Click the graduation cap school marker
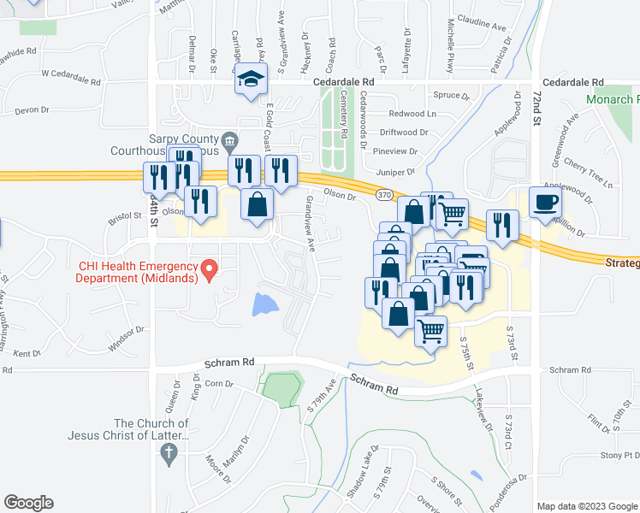pos(251,80)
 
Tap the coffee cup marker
pos(545,203)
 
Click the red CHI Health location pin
pos(208,271)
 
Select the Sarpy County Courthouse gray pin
pos(228,140)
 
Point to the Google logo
pos(28,503)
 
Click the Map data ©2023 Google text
pos(587,506)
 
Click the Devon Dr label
pos(33,110)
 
